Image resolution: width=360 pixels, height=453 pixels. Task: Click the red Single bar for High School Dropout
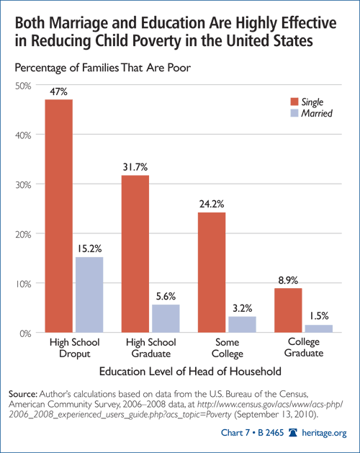(58, 216)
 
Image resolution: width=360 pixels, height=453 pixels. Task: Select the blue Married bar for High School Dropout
(89, 295)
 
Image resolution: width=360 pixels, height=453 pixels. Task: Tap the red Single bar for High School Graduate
(135, 254)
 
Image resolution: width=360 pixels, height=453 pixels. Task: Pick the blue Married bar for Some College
(242, 324)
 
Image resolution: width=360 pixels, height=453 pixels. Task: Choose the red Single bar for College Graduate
(288, 310)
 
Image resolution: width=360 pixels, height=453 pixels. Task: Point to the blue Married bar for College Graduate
(319, 329)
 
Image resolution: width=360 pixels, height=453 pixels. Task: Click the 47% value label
(58, 91)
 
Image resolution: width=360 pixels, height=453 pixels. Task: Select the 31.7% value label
(135, 167)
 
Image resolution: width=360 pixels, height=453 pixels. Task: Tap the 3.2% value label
(242, 308)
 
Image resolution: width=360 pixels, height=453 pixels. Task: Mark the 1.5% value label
(319, 316)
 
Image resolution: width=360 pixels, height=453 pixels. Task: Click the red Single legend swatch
(294, 102)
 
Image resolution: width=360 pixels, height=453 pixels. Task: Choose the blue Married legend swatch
(294, 113)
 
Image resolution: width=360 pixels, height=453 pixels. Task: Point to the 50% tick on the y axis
(23, 86)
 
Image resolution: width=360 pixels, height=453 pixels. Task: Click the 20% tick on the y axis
(23, 234)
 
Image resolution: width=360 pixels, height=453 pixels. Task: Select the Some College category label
(228, 348)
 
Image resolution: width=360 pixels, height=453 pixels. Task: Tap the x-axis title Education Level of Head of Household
(190, 371)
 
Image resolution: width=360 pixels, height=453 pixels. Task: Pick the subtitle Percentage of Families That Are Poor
(102, 68)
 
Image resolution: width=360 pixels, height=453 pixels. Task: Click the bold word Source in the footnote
(23, 394)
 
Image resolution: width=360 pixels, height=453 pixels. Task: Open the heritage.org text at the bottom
(324, 433)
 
